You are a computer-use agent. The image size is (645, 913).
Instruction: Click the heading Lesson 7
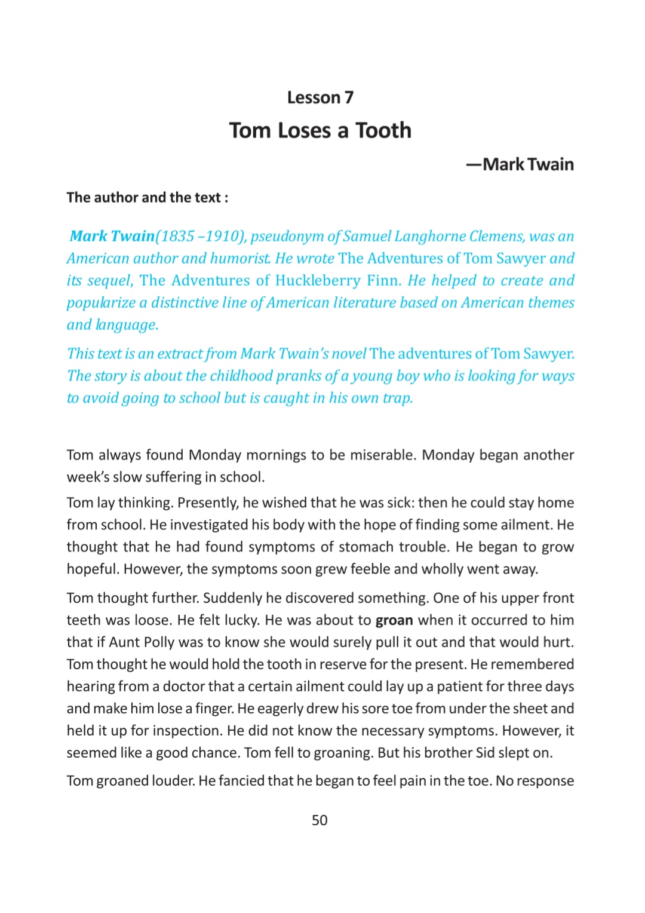tap(320, 97)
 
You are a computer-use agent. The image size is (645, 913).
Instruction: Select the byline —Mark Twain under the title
tap(520, 164)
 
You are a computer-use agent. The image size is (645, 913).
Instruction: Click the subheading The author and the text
tap(147, 198)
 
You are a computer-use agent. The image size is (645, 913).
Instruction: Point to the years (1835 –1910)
tap(201, 237)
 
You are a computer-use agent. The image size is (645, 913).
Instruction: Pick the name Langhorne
tap(431, 237)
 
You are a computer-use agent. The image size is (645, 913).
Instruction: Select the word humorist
tap(241, 259)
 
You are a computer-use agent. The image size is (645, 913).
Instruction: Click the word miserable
tap(382, 455)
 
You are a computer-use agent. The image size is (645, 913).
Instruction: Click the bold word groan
tap(394, 621)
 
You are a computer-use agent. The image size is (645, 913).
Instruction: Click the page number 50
tap(320, 820)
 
